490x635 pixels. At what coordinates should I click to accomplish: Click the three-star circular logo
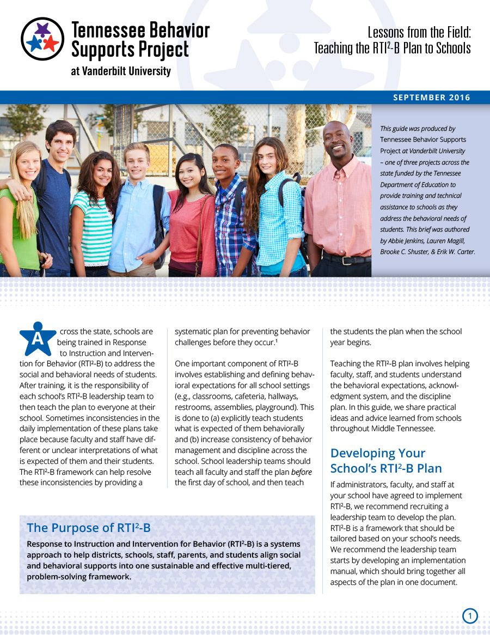coord(42,39)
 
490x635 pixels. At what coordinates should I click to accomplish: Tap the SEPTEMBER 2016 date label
coord(432,98)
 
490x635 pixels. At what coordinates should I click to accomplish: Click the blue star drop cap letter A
coord(38,338)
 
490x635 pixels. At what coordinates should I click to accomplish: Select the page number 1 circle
coord(470,616)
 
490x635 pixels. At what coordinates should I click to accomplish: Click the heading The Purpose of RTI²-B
coord(89,528)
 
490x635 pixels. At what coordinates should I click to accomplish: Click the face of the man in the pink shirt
coord(337,141)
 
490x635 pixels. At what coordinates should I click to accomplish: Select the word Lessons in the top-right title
coord(387,32)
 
